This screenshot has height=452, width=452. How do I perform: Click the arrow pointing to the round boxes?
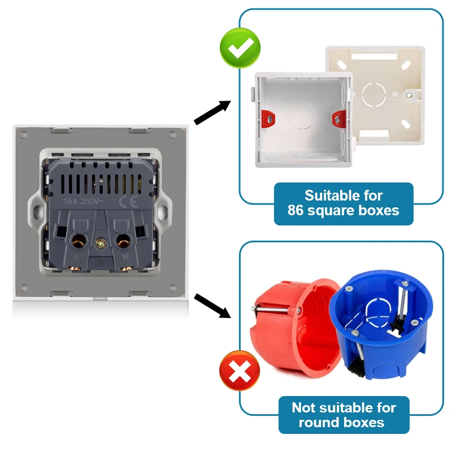click(x=212, y=305)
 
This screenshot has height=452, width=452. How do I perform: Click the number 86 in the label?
click(x=298, y=211)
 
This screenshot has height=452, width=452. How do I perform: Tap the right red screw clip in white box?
click(x=337, y=119)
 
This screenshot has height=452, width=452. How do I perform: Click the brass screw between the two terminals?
click(x=101, y=244)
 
